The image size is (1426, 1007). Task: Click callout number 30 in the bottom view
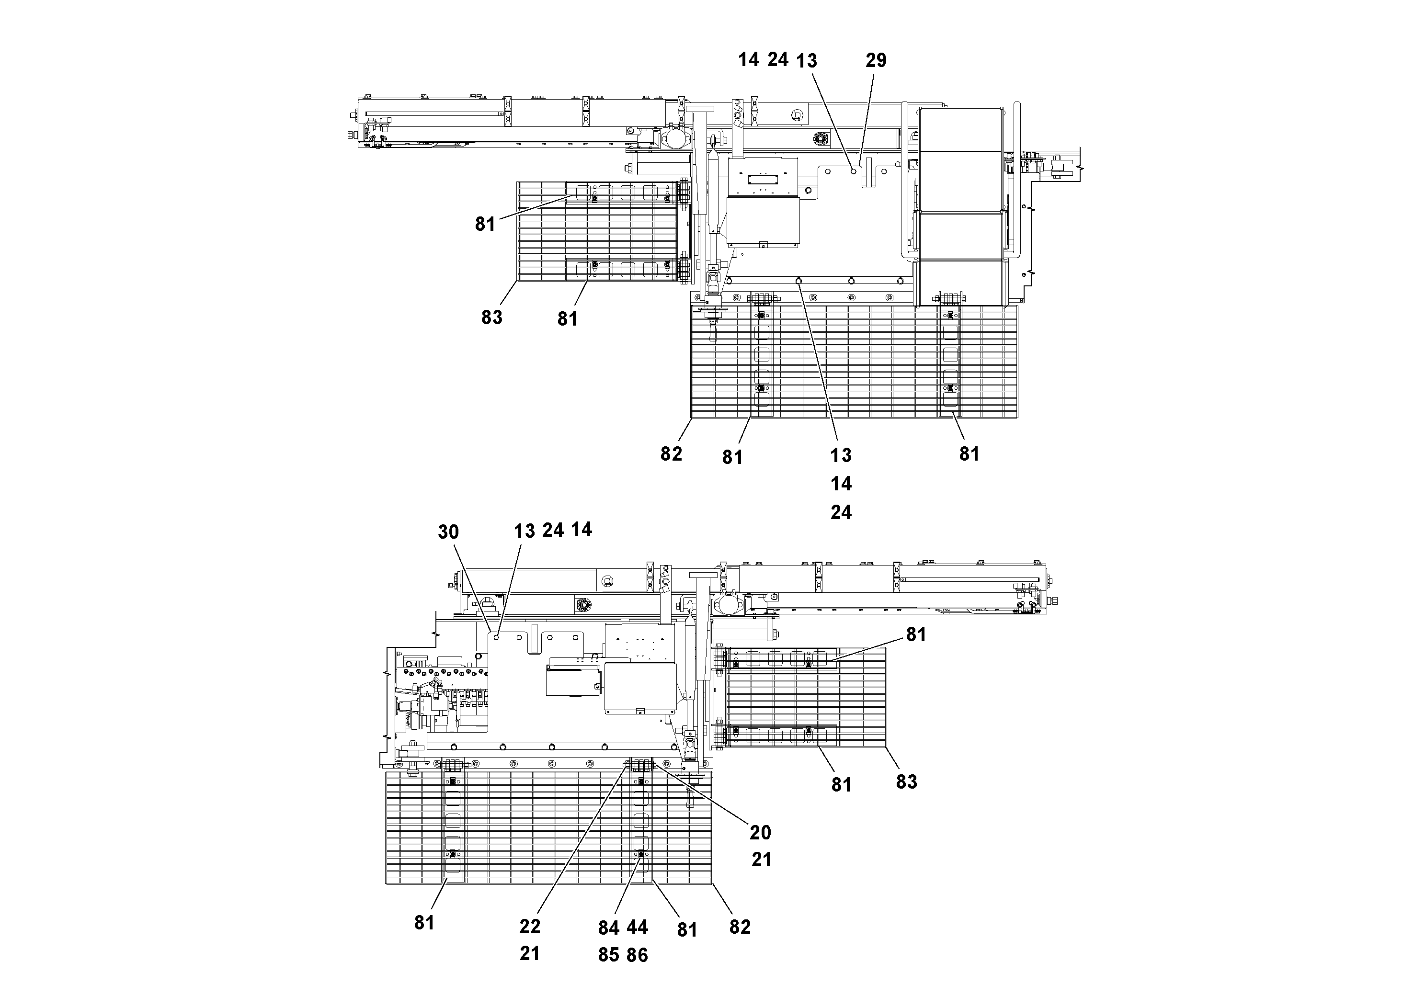pos(448,532)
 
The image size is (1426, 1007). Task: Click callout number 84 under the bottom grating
pos(609,928)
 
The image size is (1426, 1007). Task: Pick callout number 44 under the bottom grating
pos(637,927)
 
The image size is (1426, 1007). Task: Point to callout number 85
pos(609,955)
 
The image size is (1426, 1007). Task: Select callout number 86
pos(637,955)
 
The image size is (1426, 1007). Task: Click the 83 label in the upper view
pos(491,317)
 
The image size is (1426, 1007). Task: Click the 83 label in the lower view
pos(906,781)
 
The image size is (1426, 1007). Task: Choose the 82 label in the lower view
pos(740,927)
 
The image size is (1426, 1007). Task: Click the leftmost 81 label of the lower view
pos(424,923)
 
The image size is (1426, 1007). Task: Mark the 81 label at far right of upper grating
pos(969,454)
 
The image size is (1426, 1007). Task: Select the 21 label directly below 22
pos(530,953)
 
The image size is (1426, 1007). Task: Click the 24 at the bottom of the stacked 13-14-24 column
pos(841,512)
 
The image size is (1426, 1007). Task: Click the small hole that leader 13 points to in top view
pos(854,170)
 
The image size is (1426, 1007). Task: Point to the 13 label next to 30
pos(524,532)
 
